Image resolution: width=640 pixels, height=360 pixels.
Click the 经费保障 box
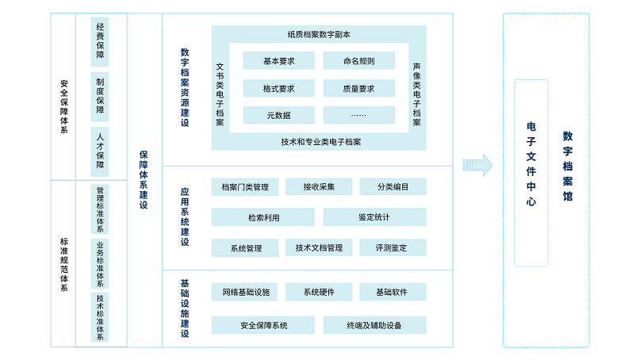click(100, 40)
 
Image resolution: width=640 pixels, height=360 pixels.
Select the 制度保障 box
click(100, 94)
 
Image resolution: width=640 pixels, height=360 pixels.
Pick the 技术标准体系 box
click(100, 316)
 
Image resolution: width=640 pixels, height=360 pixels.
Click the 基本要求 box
click(278, 61)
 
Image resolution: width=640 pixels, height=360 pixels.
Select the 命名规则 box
click(358, 61)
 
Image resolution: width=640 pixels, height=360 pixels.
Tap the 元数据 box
click(278, 115)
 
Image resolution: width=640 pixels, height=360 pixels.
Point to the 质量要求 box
click(358, 89)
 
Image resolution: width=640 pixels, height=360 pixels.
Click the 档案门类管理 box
click(245, 187)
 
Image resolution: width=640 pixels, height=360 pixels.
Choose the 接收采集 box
click(319, 187)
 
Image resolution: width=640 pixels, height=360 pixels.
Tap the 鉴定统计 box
click(374, 217)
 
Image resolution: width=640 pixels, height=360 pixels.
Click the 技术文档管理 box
click(319, 248)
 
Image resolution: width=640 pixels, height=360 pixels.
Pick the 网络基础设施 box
click(245, 293)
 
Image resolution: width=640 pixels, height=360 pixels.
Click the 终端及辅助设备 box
click(374, 325)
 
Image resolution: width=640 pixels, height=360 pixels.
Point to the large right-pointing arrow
click(478, 164)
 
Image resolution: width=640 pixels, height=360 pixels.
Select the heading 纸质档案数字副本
click(319, 34)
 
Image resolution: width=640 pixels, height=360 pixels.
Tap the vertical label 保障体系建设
click(144, 179)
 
